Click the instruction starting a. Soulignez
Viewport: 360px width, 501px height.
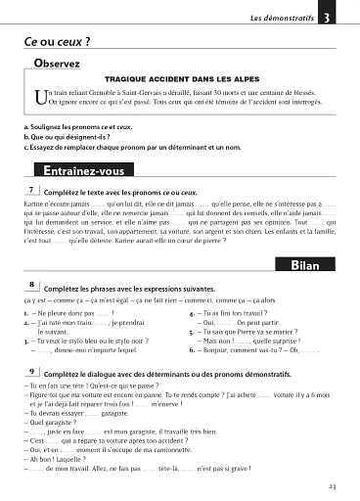[78, 127]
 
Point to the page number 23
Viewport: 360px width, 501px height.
[333, 485]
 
